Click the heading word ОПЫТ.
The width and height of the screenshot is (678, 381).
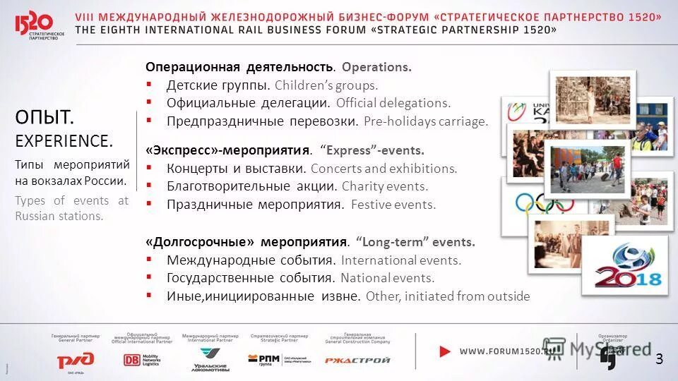click(x=44, y=116)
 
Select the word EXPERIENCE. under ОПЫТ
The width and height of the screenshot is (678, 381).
click(x=64, y=140)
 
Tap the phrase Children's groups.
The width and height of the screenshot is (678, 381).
click(x=326, y=85)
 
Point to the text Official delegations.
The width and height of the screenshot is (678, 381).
click(x=393, y=103)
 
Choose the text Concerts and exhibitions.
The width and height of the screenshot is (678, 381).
click(x=383, y=169)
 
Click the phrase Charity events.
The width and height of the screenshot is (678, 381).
click(x=385, y=187)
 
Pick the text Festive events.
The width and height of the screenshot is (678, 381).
click(x=393, y=205)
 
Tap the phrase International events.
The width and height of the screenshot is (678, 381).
click(x=400, y=260)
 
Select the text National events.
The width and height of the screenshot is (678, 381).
click(x=387, y=278)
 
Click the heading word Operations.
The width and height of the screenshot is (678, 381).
click(x=376, y=67)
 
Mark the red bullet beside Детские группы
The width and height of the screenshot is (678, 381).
click(x=149, y=85)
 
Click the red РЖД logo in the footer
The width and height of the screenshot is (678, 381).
click(x=76, y=360)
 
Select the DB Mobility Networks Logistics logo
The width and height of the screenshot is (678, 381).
click(x=142, y=360)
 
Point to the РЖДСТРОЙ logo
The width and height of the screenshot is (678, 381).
click(x=357, y=360)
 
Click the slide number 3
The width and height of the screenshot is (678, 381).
click(x=660, y=359)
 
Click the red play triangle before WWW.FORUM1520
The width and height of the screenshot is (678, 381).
click(x=445, y=351)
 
